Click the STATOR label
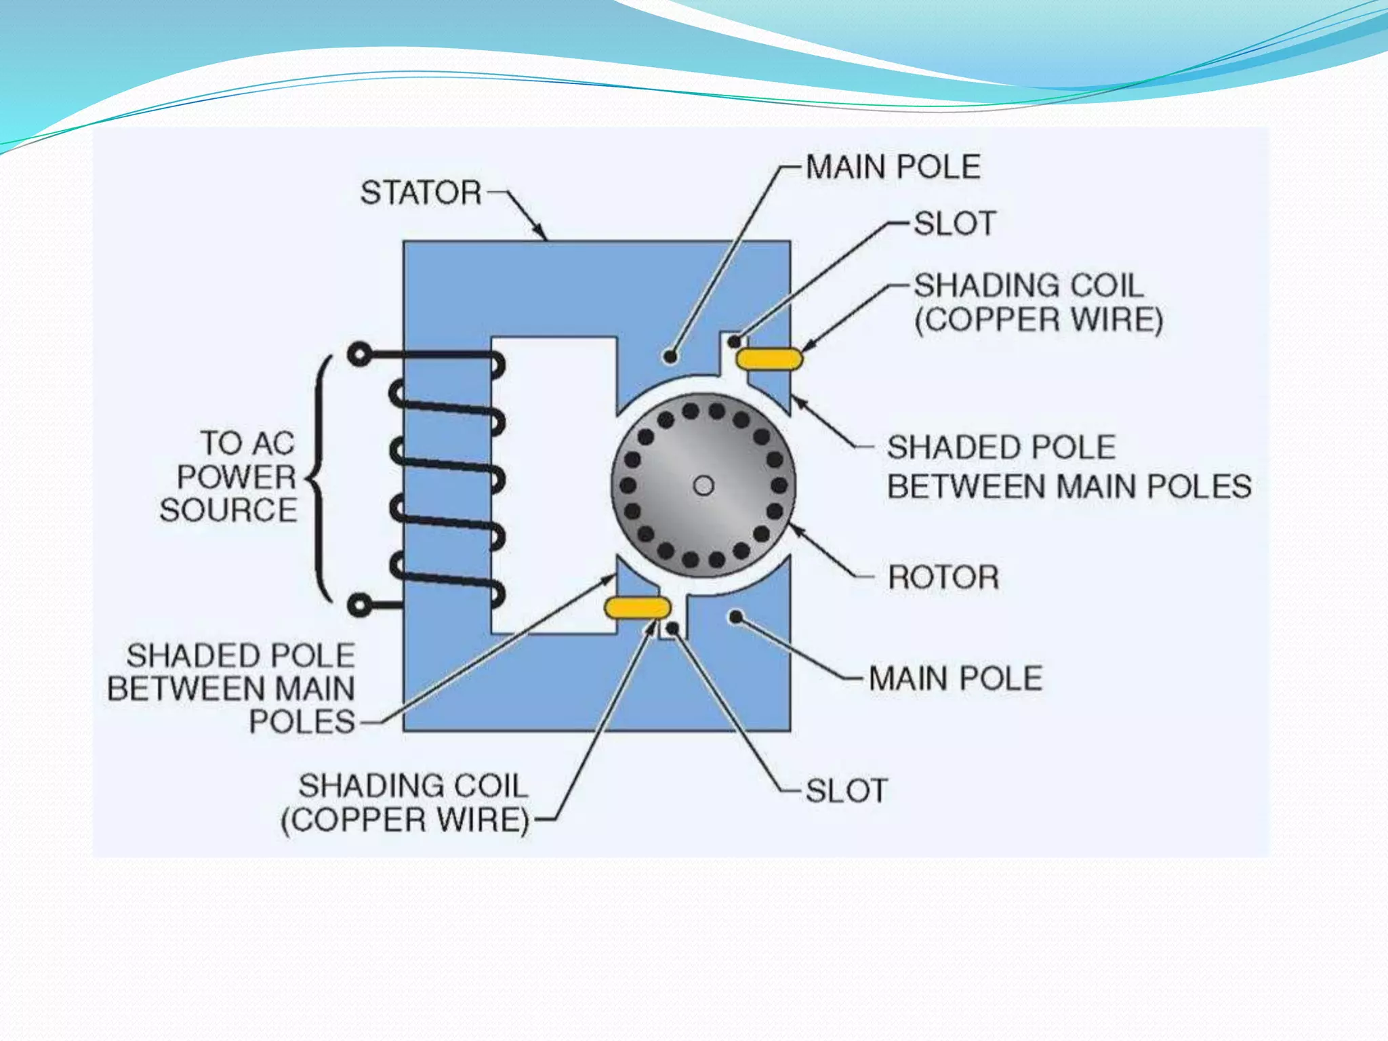click(x=420, y=193)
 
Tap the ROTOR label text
click(x=943, y=578)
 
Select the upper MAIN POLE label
click(x=893, y=167)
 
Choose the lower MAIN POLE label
click(x=956, y=678)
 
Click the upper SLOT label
click(x=955, y=224)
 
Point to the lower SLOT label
click(x=846, y=791)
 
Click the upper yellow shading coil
click(x=769, y=359)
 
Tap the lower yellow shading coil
click(x=637, y=608)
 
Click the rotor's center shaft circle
click(x=703, y=486)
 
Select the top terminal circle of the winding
click(x=359, y=354)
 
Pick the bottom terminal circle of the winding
click(x=360, y=604)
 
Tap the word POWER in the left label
click(x=237, y=477)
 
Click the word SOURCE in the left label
click(x=228, y=510)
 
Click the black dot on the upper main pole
click(x=670, y=356)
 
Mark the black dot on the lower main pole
click(x=735, y=616)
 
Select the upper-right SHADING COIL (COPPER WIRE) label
click(x=1038, y=303)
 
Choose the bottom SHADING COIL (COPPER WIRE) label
click(x=405, y=803)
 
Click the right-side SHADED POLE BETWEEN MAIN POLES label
click(x=1069, y=467)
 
